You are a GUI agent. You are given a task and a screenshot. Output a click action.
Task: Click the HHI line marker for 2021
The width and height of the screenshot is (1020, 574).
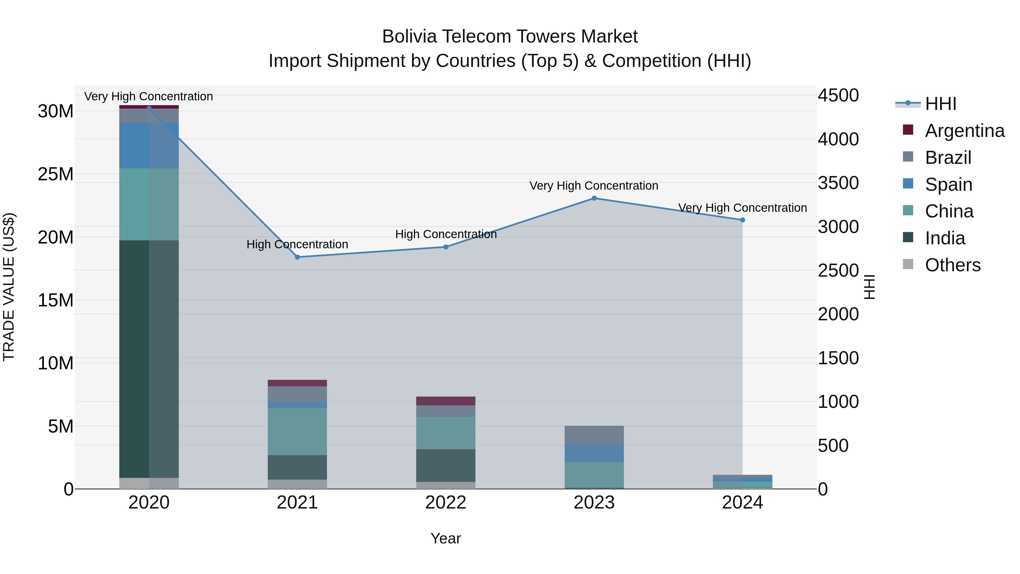tap(297, 257)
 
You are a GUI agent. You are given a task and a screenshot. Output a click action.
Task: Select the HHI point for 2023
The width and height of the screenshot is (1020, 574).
tap(594, 198)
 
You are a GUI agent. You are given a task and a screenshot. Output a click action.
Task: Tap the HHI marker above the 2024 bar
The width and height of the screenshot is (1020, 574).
tap(742, 220)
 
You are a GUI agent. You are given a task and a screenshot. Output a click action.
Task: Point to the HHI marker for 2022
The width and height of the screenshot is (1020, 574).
tap(446, 247)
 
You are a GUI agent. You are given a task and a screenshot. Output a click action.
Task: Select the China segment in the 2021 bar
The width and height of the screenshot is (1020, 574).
tap(297, 431)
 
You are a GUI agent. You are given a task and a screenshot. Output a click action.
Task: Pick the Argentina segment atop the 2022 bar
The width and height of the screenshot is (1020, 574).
tap(446, 401)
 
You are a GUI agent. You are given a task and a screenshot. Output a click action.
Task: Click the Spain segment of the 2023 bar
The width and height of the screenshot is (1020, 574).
tap(594, 453)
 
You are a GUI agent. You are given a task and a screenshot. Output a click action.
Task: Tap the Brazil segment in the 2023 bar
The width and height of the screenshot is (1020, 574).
tap(594, 435)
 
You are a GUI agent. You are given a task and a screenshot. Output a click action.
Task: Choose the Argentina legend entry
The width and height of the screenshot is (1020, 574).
tap(964, 131)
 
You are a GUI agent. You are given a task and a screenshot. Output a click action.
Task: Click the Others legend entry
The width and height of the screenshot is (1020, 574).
tap(953, 265)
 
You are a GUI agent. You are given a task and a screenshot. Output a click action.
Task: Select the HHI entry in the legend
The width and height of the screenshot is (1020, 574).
tap(940, 104)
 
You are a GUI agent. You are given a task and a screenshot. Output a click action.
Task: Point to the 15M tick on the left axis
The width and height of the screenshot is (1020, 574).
tap(56, 300)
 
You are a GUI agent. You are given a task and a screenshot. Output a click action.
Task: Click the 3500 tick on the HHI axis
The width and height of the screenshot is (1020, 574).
tap(838, 183)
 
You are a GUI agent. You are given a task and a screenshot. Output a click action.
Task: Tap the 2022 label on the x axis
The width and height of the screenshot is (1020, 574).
tap(446, 503)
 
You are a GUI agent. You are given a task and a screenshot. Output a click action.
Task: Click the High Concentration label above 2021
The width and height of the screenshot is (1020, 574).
tap(297, 244)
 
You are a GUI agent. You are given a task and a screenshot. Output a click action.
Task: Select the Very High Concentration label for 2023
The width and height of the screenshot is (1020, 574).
tap(594, 186)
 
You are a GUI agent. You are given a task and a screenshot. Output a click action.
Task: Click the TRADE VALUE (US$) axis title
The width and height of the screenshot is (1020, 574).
tap(9, 287)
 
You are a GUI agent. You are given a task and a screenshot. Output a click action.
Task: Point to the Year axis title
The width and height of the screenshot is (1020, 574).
tap(446, 538)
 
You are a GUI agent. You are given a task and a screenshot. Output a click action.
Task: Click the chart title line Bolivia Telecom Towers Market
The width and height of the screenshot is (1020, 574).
tap(510, 37)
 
